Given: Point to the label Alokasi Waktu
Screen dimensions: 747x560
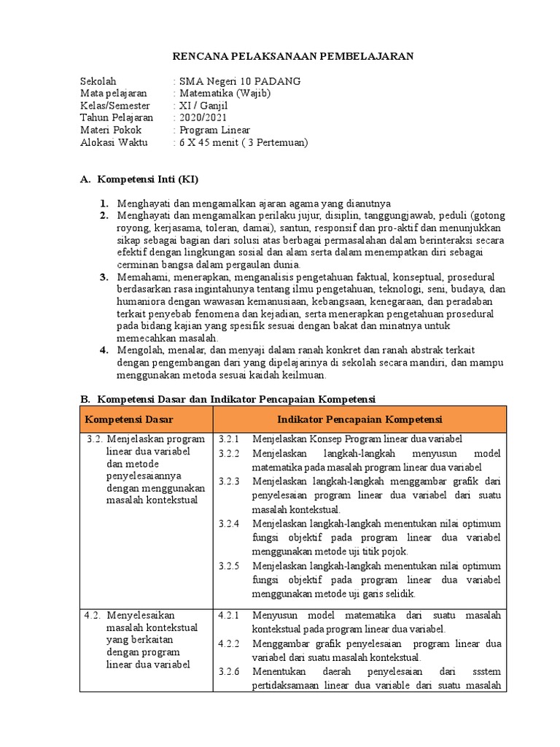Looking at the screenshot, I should (114, 142).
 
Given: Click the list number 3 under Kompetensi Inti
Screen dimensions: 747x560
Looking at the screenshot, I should (104, 277).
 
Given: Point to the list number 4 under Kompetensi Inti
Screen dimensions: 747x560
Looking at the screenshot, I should (104, 350).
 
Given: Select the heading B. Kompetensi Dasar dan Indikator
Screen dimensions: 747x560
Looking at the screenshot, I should (227, 399).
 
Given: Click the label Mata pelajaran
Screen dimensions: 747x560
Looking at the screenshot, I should (114, 93).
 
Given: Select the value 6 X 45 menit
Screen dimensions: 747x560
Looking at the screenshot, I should (212, 142).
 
